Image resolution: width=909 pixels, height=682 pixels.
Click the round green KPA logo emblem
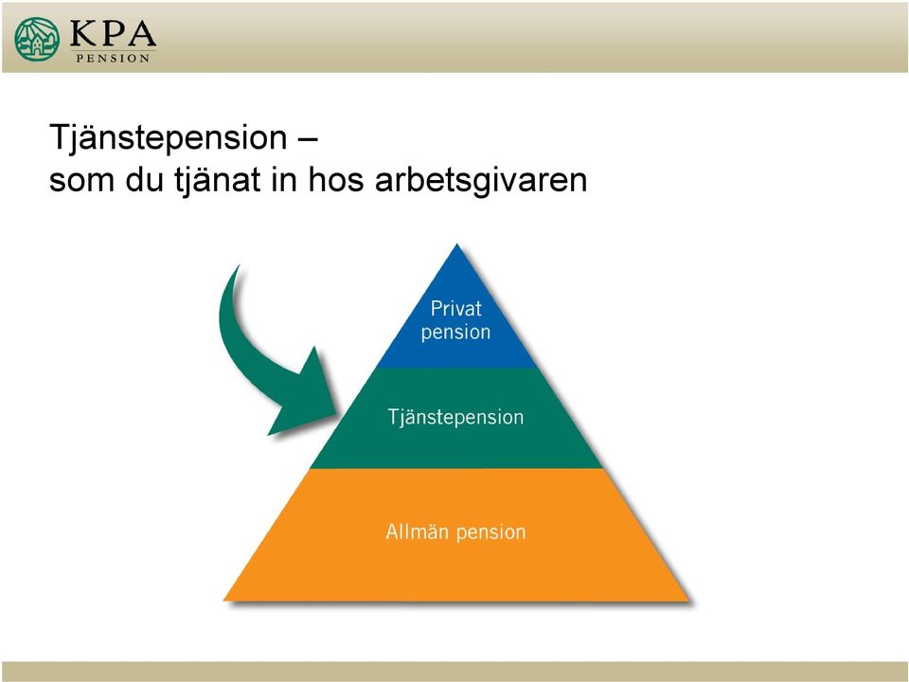click(x=37, y=39)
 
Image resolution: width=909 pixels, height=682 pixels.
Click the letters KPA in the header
click(x=113, y=34)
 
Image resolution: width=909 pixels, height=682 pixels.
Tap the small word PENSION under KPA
click(x=113, y=58)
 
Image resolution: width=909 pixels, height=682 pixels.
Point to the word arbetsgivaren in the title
click(x=481, y=181)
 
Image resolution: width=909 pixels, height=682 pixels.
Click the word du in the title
click(x=144, y=180)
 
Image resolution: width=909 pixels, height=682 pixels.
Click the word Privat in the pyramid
click(x=455, y=309)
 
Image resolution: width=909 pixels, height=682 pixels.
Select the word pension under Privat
click(x=455, y=332)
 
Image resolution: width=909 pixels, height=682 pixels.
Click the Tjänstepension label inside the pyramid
click(x=455, y=418)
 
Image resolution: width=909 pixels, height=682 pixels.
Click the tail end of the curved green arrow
click(x=239, y=266)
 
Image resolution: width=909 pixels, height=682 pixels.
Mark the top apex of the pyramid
click(x=456, y=244)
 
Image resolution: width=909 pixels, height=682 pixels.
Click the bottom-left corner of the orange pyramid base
click(x=223, y=601)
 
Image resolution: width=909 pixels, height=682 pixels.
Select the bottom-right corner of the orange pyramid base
click(x=689, y=601)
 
